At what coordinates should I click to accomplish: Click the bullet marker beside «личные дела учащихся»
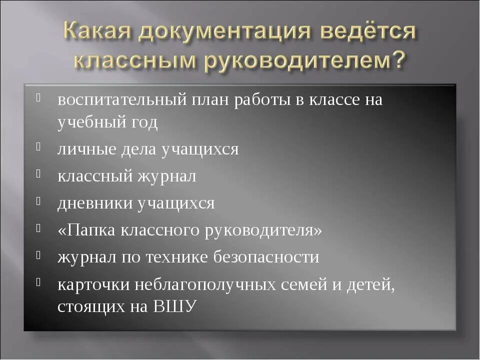[38, 146]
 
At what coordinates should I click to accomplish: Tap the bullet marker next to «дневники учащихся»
[38, 200]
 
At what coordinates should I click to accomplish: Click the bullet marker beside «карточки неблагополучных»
[38, 281]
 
